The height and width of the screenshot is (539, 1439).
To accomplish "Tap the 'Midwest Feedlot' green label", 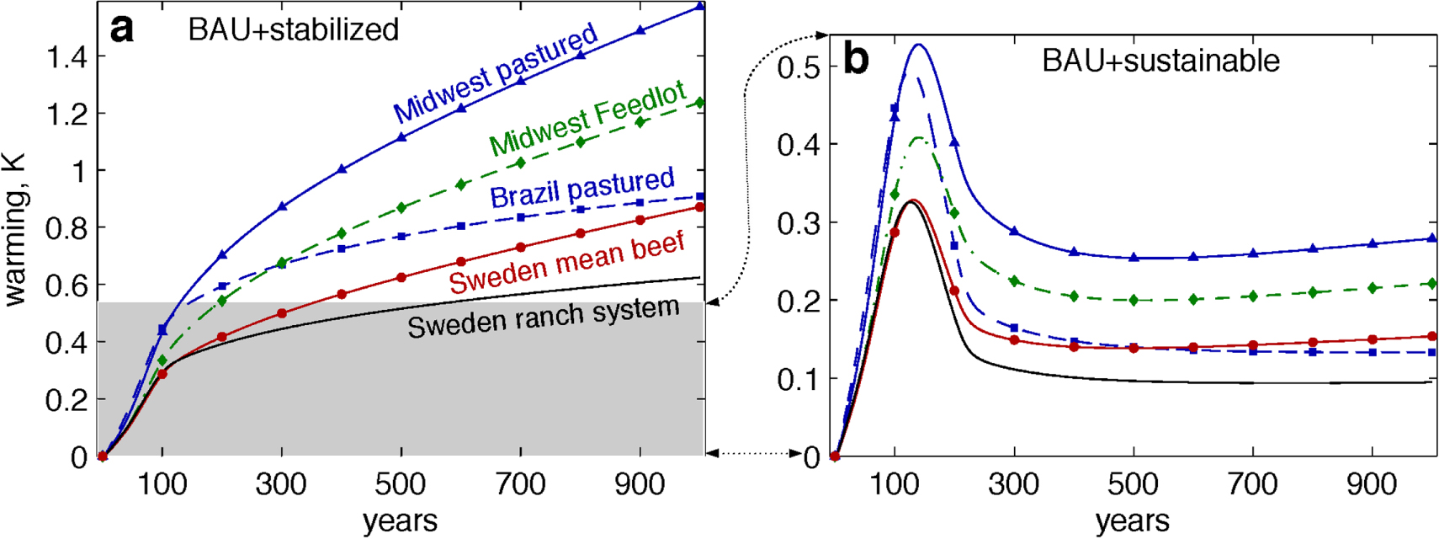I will click(587, 119).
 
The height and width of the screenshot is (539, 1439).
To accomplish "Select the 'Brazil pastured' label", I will click(582, 189).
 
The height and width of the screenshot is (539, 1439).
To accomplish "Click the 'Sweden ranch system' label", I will click(543, 317).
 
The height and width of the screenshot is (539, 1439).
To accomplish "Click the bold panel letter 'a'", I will click(122, 29).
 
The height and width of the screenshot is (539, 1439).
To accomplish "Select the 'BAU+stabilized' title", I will click(294, 30).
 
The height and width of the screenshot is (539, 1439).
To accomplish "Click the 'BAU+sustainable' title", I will click(1160, 61).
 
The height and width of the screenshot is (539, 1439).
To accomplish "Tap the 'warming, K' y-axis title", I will click(15, 229).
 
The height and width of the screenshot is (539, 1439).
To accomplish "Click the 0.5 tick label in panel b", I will click(798, 67).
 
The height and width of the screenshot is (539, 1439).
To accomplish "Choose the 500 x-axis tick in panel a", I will click(401, 484).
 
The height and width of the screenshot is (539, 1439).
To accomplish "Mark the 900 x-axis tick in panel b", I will click(1373, 484).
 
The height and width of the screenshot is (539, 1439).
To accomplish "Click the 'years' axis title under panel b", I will click(1133, 521).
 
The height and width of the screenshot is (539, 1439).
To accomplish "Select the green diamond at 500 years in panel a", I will click(401, 207).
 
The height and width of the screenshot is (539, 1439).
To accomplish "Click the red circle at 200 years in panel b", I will click(954, 291).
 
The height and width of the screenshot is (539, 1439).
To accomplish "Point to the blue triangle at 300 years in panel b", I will click(1014, 231).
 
